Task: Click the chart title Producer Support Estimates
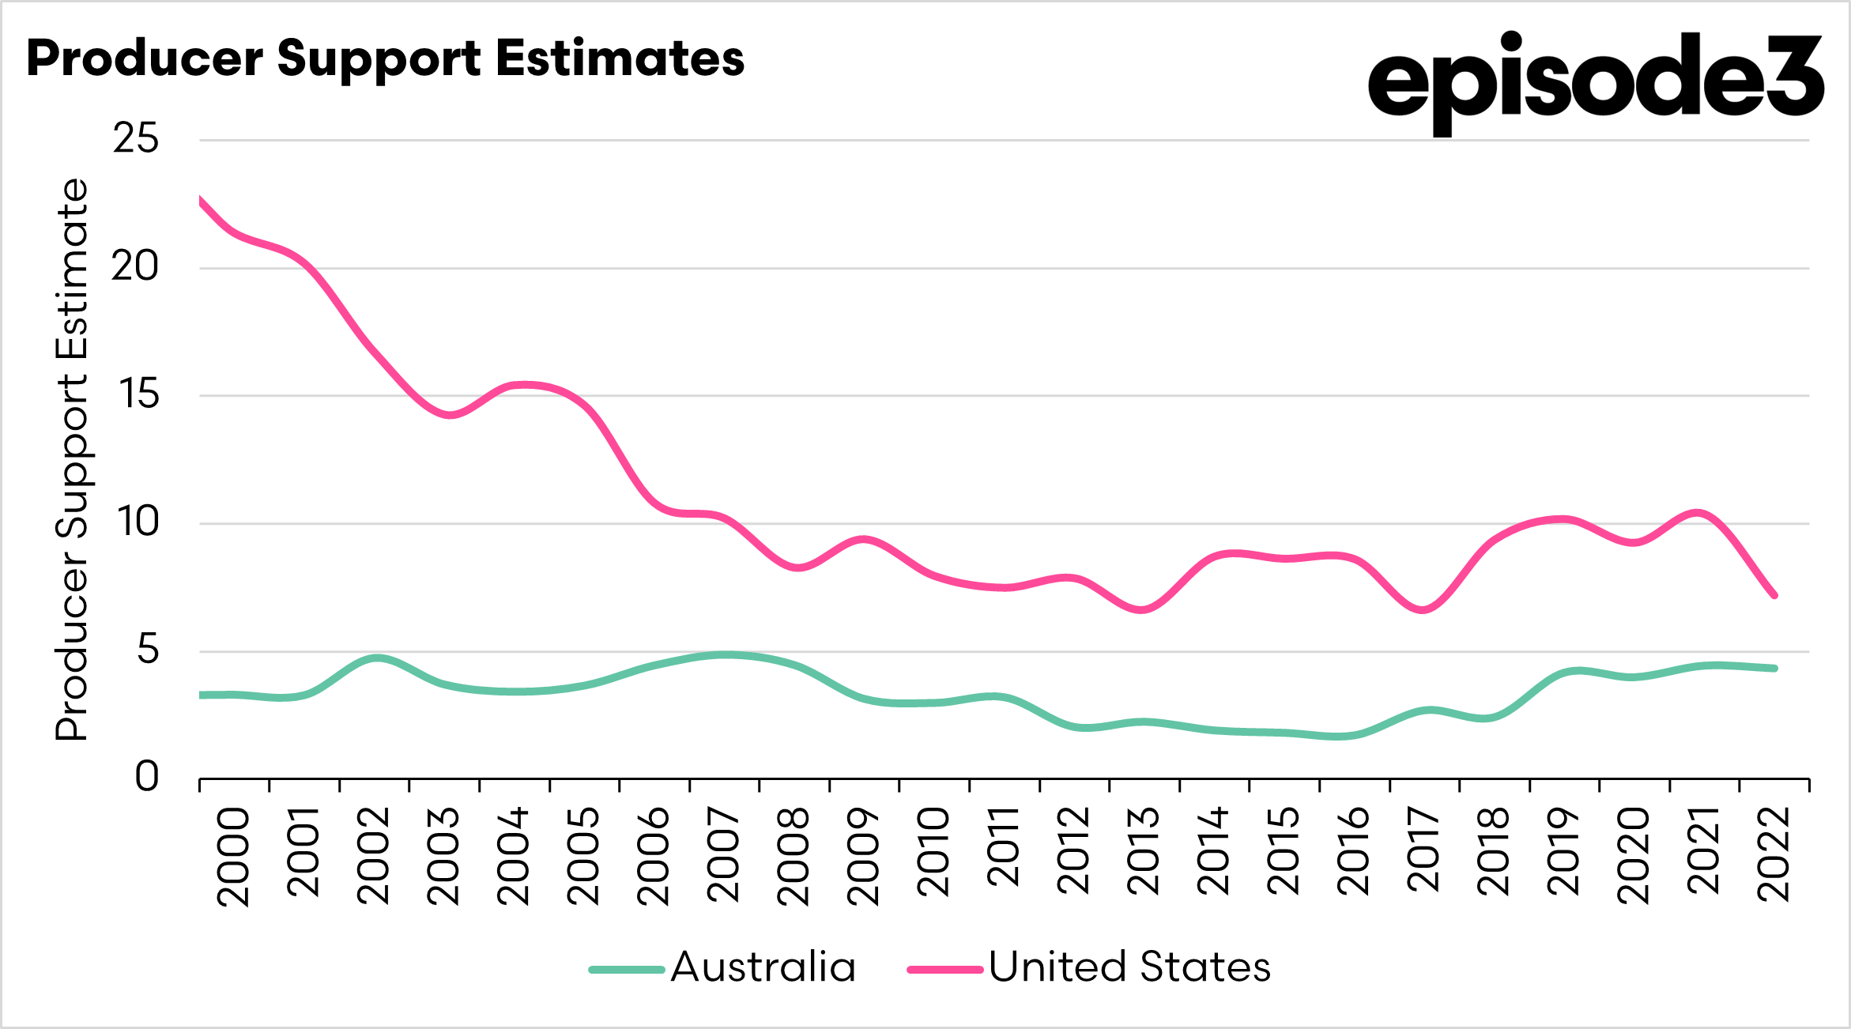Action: [x=385, y=59]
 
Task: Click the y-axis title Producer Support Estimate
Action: [x=72, y=459]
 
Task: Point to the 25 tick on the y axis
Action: [x=136, y=139]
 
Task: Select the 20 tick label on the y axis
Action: [x=135, y=267]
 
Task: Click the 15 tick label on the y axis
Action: [x=138, y=395]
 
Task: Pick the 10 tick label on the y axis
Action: [x=138, y=522]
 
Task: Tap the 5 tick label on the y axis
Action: [x=148, y=650]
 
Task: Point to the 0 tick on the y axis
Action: [x=147, y=778]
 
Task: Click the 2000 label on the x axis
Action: [x=234, y=856]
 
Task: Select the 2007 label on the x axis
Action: [x=724, y=856]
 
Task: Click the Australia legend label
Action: [x=763, y=968]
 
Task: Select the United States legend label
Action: [x=1129, y=968]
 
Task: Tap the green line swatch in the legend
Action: [x=627, y=970]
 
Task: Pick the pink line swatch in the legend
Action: [x=945, y=970]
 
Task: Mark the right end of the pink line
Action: [x=1774, y=595]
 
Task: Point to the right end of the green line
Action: [x=1774, y=669]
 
